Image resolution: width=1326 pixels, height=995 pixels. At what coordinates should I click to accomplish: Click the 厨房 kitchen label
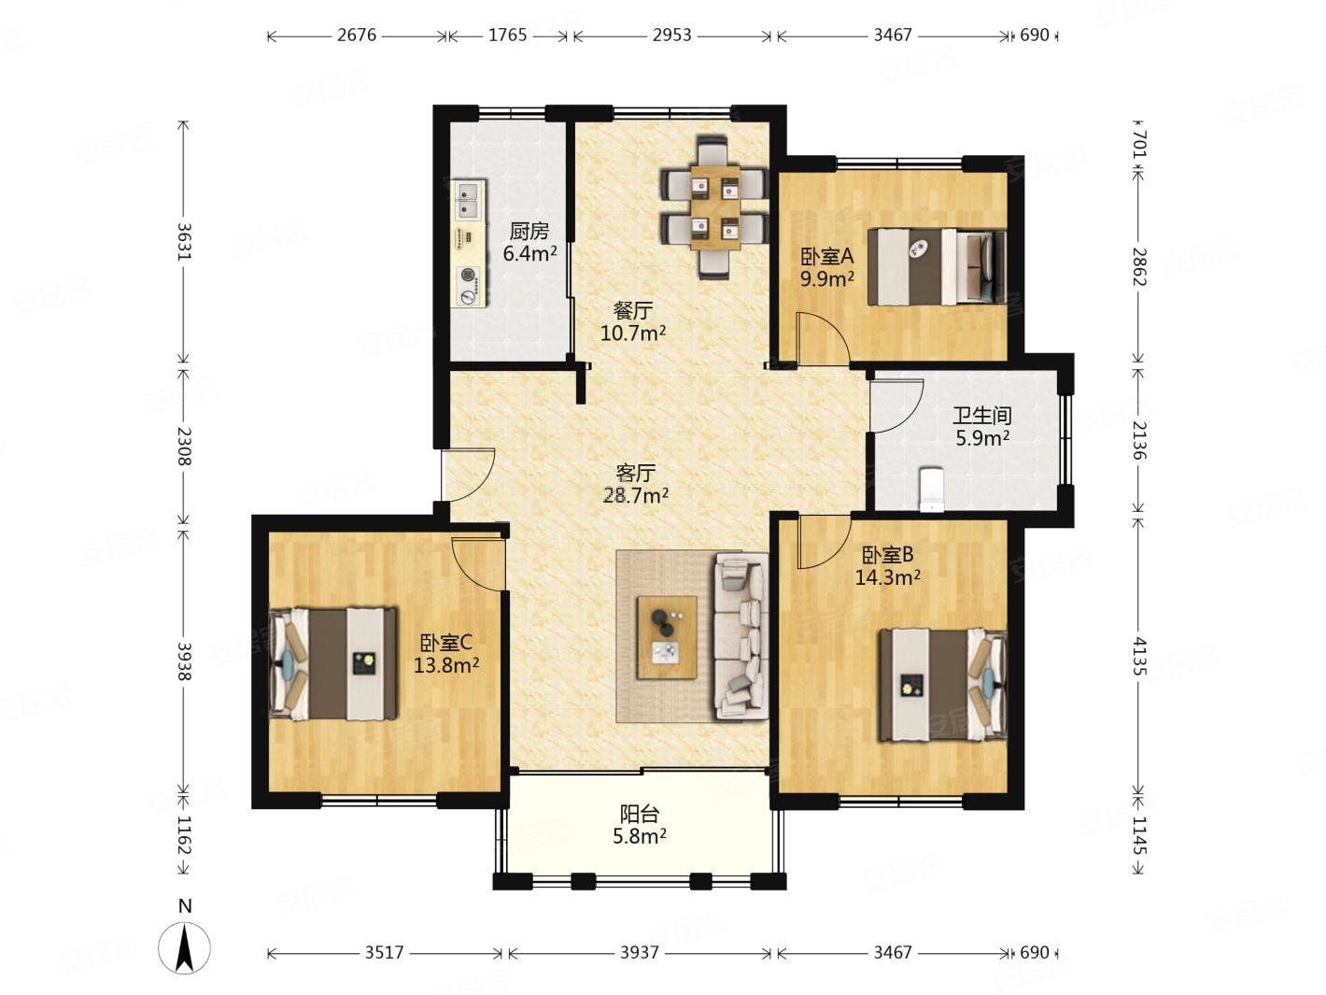pos(529,232)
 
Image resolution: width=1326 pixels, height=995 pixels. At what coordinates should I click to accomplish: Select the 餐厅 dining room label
pos(632,311)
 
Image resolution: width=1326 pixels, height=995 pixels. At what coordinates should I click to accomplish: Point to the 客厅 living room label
pos(636,473)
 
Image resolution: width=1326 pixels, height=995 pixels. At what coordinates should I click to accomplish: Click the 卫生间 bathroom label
pos(981,417)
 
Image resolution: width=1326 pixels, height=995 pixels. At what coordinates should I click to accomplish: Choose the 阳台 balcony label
pos(639,815)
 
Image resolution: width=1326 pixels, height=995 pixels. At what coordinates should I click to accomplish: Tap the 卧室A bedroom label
pos(826,257)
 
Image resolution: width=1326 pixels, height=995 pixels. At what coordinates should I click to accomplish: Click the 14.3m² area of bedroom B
pos(887,578)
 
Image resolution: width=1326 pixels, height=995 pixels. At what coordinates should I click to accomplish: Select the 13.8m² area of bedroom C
pos(446,666)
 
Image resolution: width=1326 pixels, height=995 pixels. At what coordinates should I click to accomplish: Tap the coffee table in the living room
pos(667,638)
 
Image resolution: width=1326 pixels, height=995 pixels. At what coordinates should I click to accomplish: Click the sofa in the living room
pos(741,635)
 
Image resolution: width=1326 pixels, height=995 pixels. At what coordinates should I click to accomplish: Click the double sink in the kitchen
pos(469,199)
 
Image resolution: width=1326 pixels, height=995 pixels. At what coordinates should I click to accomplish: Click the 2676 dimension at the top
pos(357,36)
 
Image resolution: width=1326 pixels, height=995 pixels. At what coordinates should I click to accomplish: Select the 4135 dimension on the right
pos(1137,656)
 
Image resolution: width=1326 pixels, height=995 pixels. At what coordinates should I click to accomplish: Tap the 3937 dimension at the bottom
pos(639,952)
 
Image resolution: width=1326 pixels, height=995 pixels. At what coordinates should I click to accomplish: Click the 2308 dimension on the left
pos(184,446)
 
